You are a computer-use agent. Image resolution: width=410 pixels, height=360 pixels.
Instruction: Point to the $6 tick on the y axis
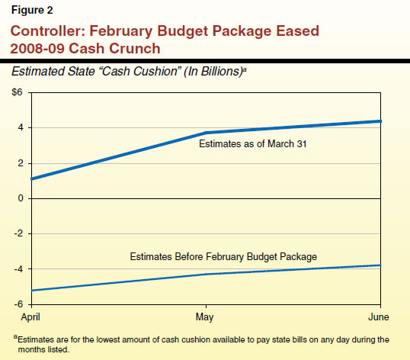(16, 92)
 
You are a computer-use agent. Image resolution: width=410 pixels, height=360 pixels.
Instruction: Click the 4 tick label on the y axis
(21, 127)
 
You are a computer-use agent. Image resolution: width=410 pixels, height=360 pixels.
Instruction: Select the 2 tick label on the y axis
(21, 163)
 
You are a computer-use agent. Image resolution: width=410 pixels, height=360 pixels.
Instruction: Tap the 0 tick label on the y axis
(21, 198)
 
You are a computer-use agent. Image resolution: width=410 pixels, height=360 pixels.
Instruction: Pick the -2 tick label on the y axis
(19, 233)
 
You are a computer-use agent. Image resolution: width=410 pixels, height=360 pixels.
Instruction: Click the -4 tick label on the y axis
(19, 269)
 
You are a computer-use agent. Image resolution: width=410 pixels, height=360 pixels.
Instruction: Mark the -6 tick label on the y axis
(19, 304)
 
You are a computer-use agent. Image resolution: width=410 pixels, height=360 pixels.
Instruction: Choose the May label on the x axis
(205, 314)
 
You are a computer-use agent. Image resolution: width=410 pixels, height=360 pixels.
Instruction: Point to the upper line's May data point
(205, 133)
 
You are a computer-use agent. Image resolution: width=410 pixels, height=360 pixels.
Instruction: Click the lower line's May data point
(205, 274)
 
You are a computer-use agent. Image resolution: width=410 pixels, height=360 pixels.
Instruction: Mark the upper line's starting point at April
(32, 179)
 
